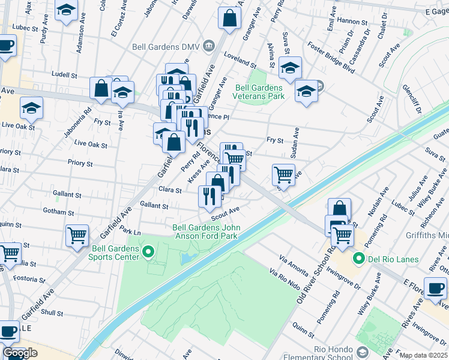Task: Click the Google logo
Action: [x=20, y=353]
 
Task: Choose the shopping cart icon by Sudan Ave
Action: [x=283, y=175]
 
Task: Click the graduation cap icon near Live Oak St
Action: [x=31, y=108]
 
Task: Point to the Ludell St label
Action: [x=65, y=76]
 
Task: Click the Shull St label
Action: [x=52, y=313]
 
